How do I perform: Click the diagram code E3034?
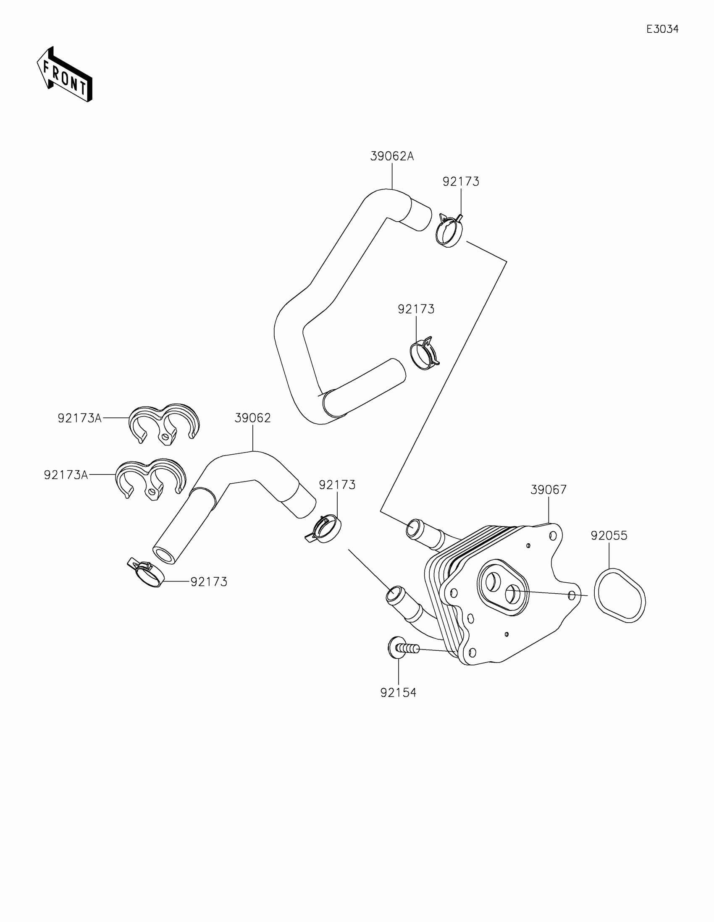pos(662,29)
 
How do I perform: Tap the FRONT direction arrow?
pos(65,75)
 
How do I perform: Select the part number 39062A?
pos(392,157)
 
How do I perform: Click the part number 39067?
pos(549,490)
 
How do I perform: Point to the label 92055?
pos(609,536)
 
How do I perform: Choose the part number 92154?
pos(398,693)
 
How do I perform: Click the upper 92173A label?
pos(80,418)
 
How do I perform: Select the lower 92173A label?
pos(66,475)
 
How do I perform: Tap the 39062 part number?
pos(252,418)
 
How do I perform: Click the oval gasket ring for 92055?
pos(619,596)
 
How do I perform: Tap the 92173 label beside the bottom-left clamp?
pos(209,582)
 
